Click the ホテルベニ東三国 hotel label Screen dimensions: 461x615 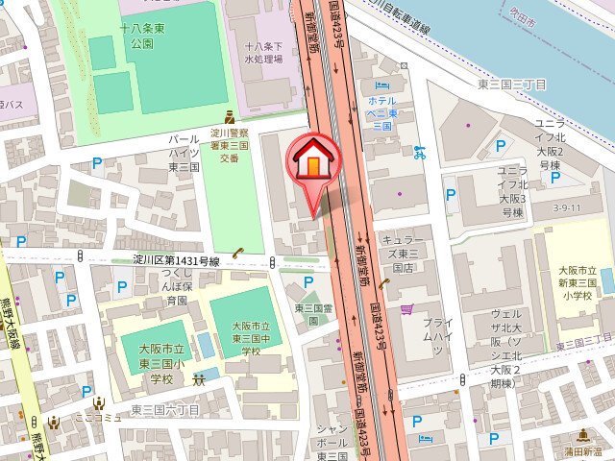click(x=382, y=112)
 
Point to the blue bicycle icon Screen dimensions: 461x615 click(x=418, y=151)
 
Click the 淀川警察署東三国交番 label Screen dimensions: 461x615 click(x=230, y=145)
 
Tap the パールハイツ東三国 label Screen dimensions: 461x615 click(x=184, y=153)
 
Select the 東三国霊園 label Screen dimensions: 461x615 click(x=312, y=314)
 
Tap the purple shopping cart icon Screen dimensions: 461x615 click(x=406, y=309)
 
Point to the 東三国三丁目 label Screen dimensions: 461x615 click(x=512, y=85)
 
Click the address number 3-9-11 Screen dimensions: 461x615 click(x=567, y=207)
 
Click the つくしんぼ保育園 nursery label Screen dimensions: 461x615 click(x=175, y=286)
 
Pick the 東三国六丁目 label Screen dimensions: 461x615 click(x=165, y=410)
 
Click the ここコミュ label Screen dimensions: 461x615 click(x=100, y=417)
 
